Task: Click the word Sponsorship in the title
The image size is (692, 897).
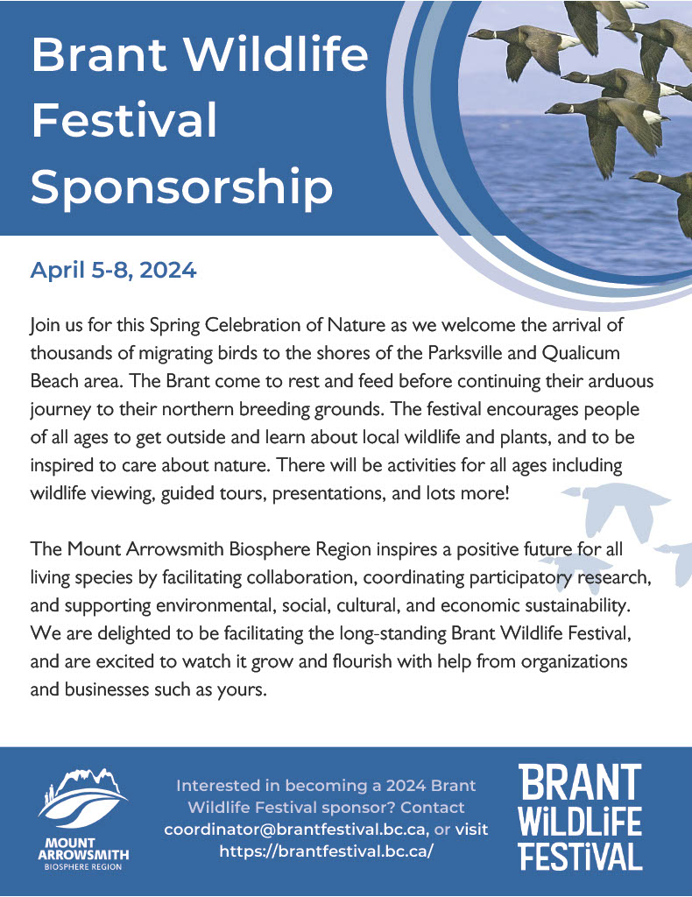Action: tap(182, 187)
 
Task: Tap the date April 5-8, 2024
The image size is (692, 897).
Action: tap(113, 270)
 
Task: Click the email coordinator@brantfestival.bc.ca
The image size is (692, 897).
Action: tap(296, 829)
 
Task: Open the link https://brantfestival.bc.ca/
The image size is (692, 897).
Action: tap(326, 851)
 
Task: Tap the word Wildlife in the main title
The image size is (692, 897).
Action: tap(277, 53)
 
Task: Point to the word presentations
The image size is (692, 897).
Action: tap(327, 493)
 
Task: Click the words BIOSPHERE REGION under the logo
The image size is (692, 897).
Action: tap(83, 866)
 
